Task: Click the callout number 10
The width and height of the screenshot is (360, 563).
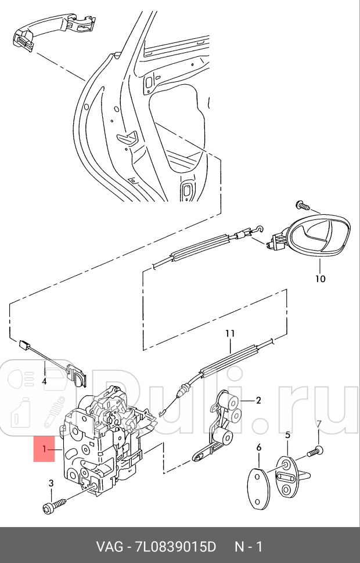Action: tap(320, 279)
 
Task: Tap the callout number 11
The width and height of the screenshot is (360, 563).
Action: tap(231, 333)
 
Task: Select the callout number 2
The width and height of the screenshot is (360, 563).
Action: tap(258, 400)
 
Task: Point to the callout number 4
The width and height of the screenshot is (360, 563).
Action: tap(44, 381)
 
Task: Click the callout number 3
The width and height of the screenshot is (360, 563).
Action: tap(51, 483)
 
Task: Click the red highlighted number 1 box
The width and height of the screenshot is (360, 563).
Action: tap(44, 449)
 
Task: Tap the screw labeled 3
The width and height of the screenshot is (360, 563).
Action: tap(54, 505)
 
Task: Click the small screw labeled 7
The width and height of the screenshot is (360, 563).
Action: tap(315, 451)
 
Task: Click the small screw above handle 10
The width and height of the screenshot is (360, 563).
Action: tap(302, 205)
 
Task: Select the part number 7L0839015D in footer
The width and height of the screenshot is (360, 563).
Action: tap(175, 547)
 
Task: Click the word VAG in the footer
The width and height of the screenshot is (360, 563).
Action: tap(109, 547)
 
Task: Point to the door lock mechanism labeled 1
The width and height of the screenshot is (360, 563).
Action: tap(110, 442)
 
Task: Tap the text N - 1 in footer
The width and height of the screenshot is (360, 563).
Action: tap(249, 547)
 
